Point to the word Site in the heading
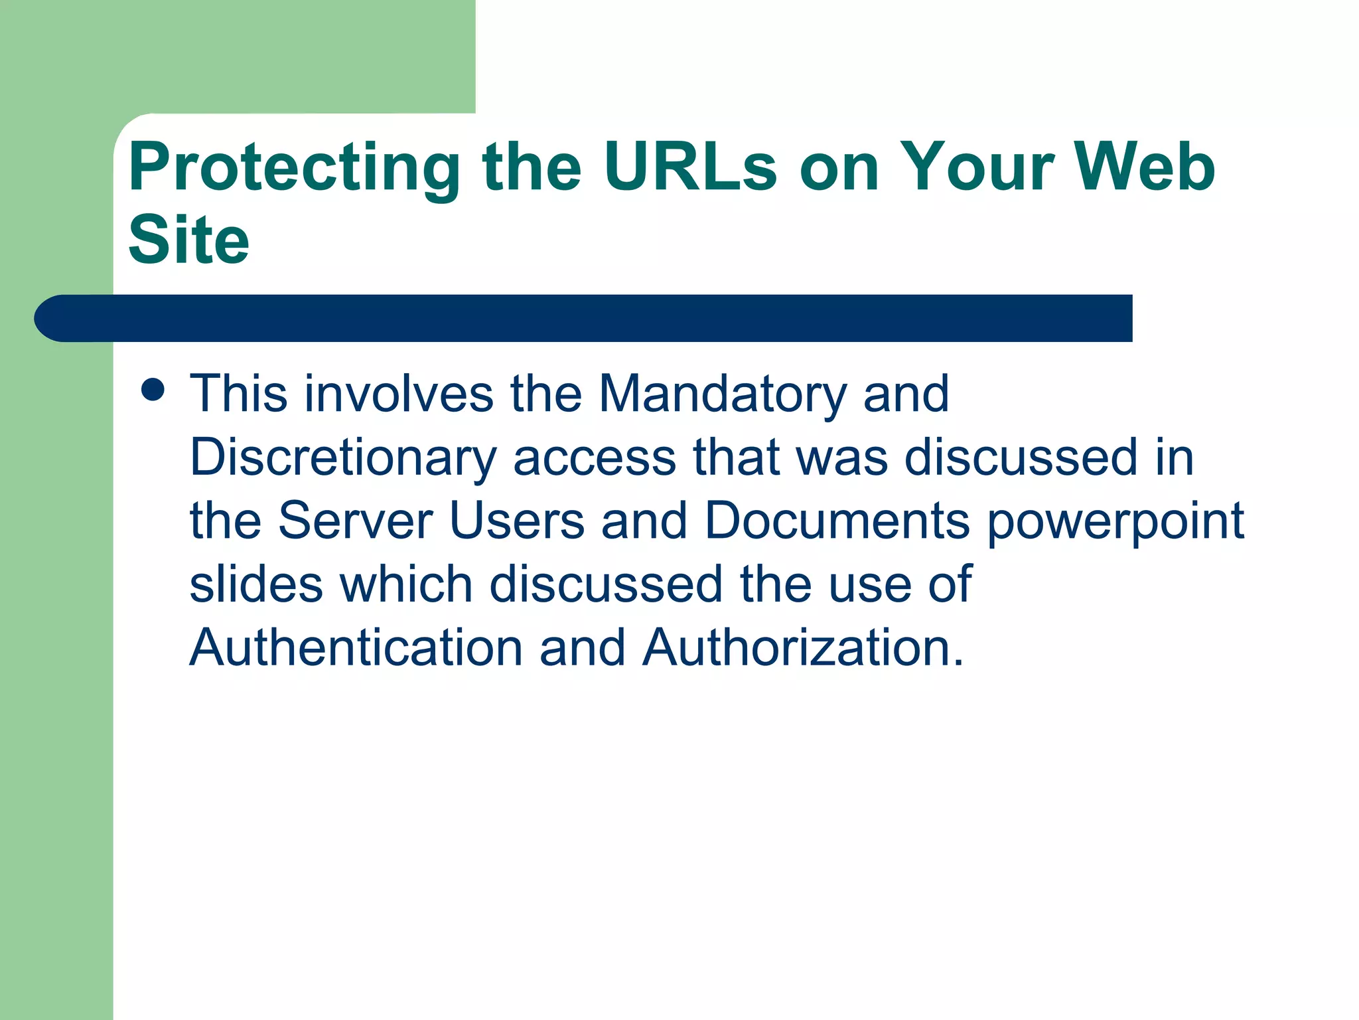point(188,240)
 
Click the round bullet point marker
point(153,390)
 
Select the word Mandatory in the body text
point(722,394)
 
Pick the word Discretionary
point(343,458)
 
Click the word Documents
point(837,520)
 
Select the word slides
point(256,584)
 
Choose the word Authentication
point(356,647)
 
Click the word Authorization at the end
point(803,647)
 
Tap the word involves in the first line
point(399,394)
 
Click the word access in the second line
point(594,458)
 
